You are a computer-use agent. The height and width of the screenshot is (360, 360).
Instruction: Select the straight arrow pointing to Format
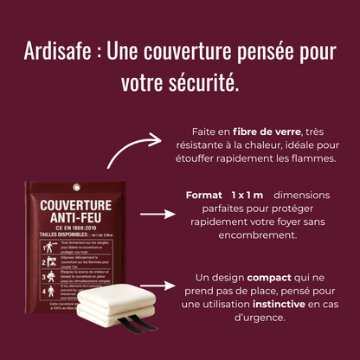click(x=157, y=212)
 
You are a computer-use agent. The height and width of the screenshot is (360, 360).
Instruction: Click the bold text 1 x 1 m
click(x=247, y=196)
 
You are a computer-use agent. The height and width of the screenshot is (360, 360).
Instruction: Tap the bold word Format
click(x=203, y=196)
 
